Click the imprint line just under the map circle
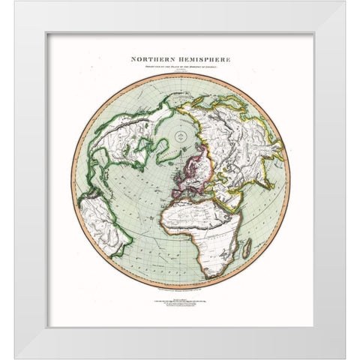coord(181,287)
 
